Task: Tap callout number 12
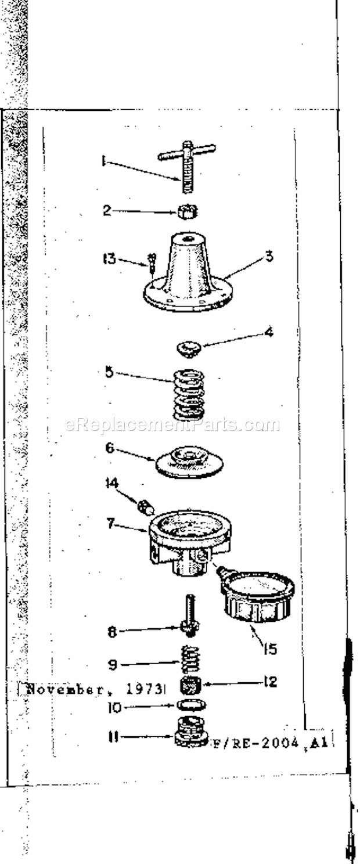[x=269, y=683]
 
